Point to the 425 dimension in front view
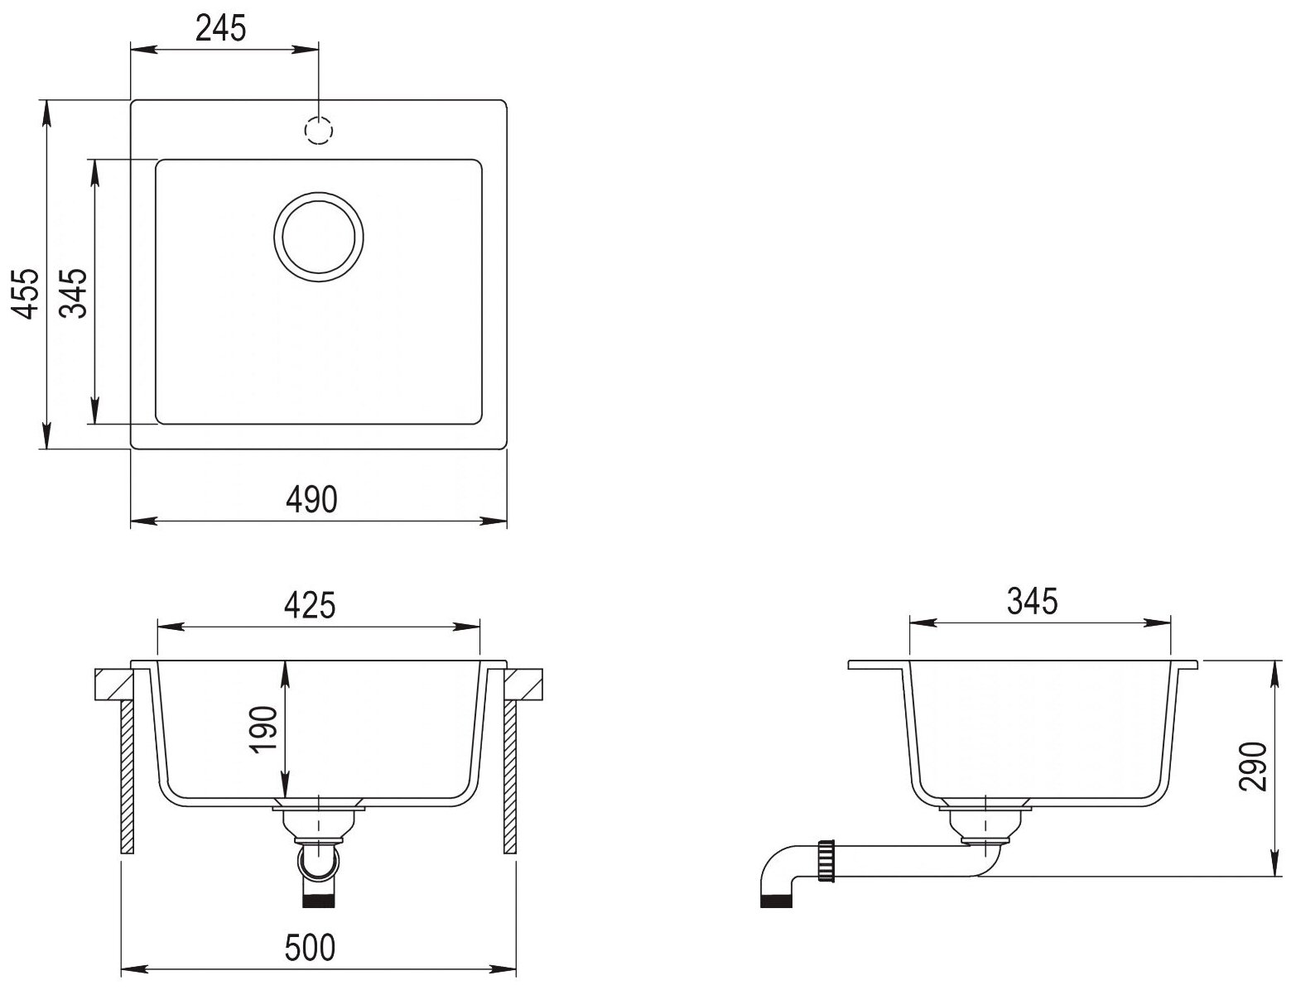point(310,605)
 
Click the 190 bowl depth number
point(264,730)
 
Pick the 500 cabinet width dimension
point(310,948)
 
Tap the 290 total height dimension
point(1253,767)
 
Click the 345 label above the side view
point(1032,601)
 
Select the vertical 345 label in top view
point(75,293)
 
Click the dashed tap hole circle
point(319,131)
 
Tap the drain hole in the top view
point(319,237)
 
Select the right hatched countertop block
point(523,685)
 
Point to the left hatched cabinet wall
point(128,776)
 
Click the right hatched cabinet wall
point(510,776)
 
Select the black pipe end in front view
point(319,901)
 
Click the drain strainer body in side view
point(985,823)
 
